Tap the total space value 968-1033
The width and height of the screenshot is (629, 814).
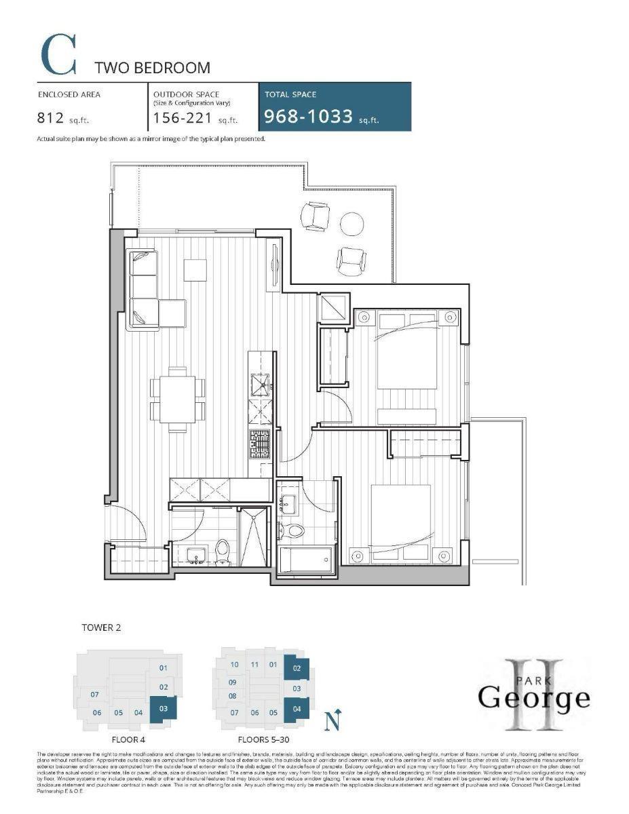tap(309, 117)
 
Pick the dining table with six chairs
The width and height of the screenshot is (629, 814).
tap(177, 399)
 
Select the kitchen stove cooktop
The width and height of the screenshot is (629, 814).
tap(261, 444)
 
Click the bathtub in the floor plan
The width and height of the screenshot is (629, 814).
tap(306, 560)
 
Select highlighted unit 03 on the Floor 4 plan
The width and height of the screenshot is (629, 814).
tap(164, 710)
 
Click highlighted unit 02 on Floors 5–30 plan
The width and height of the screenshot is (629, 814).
tap(297, 668)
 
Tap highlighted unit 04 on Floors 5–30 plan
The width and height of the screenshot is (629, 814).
tap(297, 710)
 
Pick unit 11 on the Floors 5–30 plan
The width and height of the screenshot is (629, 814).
tap(254, 665)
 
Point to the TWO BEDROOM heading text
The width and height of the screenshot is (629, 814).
tap(152, 68)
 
